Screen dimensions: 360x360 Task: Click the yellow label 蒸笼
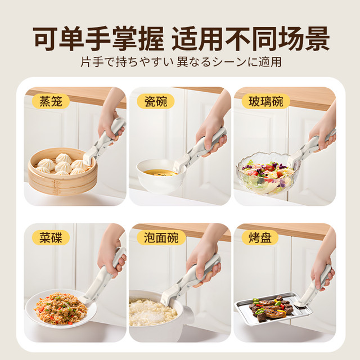(x=51, y=101)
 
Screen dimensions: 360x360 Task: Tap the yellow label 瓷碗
(x=156, y=101)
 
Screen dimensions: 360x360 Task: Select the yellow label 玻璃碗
(x=266, y=101)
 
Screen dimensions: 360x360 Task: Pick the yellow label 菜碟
(x=51, y=237)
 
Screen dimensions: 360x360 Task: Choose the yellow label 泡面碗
(x=161, y=237)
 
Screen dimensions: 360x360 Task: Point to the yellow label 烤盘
(x=260, y=237)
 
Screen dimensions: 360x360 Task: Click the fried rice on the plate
(x=61, y=308)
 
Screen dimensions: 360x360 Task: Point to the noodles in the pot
(x=152, y=312)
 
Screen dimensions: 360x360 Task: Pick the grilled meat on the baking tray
(x=269, y=308)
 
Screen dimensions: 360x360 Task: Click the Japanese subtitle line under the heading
(x=181, y=62)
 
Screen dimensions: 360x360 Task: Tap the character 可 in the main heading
(x=45, y=38)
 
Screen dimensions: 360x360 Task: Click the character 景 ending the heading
(x=316, y=38)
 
